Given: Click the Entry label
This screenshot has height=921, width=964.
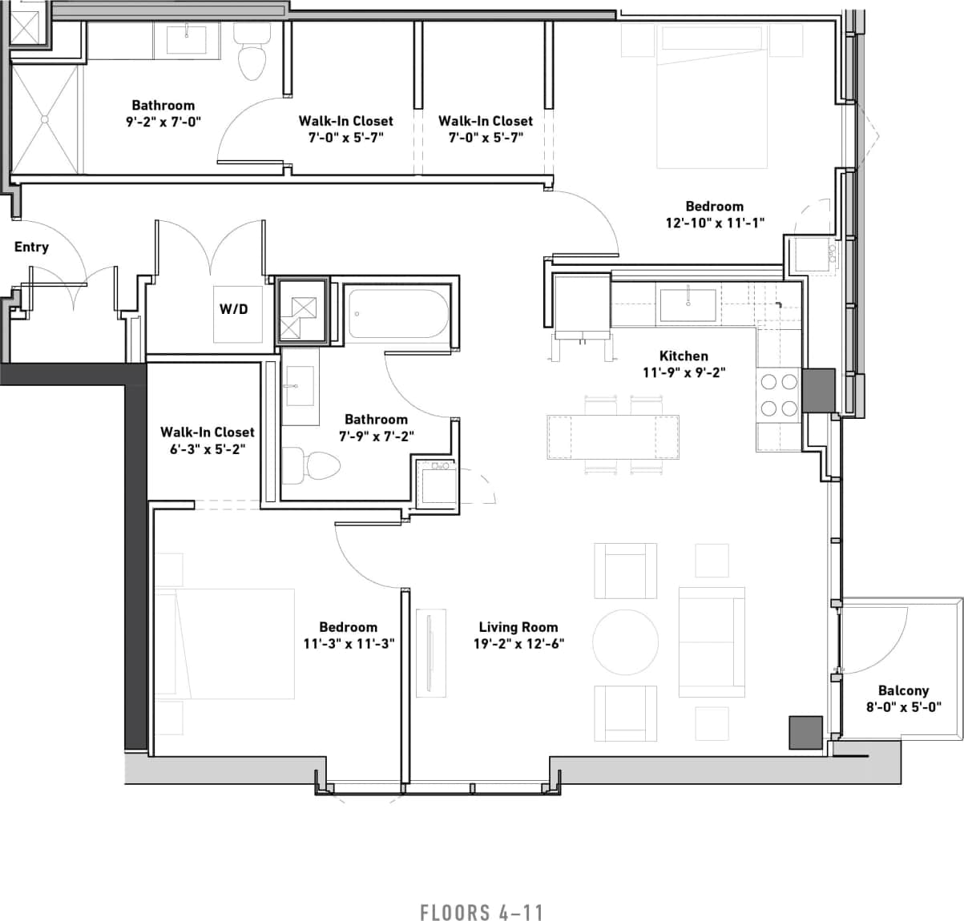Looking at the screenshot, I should (31, 247).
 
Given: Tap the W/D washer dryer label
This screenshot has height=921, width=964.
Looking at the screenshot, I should (234, 308).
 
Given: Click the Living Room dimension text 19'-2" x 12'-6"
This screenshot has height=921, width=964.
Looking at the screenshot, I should (518, 643).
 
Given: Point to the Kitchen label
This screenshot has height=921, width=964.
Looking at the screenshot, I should (684, 356).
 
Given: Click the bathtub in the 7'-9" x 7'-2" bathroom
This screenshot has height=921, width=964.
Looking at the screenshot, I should (398, 314).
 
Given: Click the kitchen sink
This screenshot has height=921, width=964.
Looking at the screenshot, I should (688, 305).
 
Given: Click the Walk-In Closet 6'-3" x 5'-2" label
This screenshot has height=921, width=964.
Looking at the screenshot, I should (207, 440).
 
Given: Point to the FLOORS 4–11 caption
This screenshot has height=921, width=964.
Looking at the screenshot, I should (482, 912).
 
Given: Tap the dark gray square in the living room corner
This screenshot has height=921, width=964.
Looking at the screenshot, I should (806, 732).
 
